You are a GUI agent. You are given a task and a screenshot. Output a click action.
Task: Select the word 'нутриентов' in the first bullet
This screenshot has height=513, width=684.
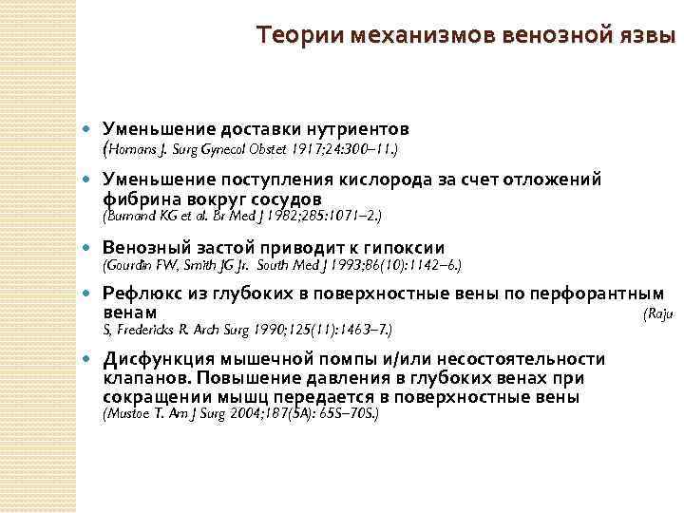(x=359, y=128)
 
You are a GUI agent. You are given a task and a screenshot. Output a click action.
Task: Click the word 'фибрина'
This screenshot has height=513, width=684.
(x=136, y=199)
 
